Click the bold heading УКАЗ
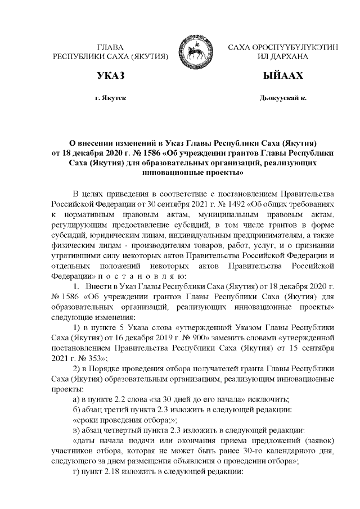(110, 75)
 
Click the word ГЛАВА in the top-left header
(110, 48)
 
